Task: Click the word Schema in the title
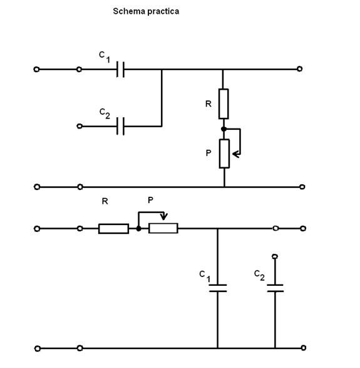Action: [126, 11]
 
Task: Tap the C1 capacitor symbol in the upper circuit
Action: [120, 70]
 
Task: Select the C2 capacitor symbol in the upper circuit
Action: [120, 126]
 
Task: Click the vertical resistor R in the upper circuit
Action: [224, 103]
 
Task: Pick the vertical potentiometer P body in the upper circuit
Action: [224, 154]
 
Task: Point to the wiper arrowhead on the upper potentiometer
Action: [236, 154]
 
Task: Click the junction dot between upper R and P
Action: [224, 129]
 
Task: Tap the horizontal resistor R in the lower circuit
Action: [114, 229]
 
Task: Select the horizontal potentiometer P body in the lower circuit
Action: [163, 228]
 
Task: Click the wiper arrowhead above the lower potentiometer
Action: [164, 216]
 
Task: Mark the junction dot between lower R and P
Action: [139, 229]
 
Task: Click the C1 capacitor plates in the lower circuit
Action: [218, 288]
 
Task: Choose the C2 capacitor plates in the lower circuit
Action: [275, 288]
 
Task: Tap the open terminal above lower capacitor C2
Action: [275, 256]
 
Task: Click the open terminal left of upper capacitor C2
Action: [80, 126]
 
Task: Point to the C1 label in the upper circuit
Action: [105, 57]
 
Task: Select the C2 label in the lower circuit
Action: [259, 275]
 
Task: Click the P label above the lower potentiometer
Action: [150, 200]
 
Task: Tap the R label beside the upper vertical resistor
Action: [208, 103]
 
